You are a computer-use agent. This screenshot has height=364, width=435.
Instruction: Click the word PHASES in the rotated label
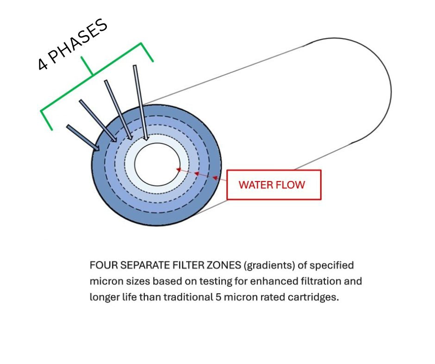[79, 41]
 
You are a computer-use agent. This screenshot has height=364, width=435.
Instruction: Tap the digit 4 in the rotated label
[43, 64]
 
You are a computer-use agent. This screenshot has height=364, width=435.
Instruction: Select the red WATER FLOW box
[273, 185]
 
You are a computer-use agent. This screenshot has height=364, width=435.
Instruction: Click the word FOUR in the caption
[102, 266]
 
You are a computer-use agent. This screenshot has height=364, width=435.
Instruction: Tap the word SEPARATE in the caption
[141, 266]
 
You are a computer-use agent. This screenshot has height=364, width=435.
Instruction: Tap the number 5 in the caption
[218, 297]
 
